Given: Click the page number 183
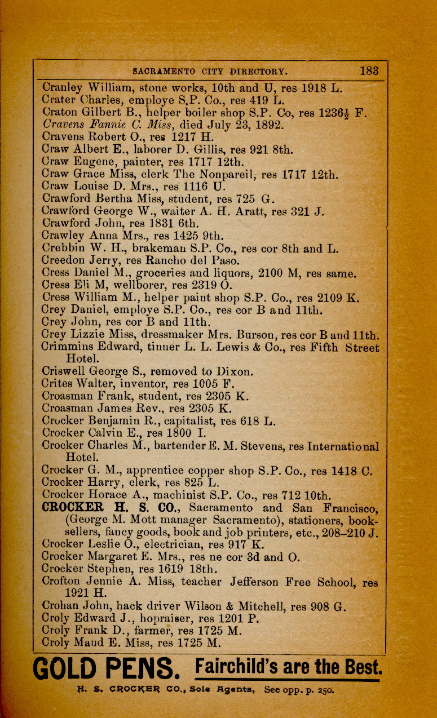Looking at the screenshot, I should coord(369,71).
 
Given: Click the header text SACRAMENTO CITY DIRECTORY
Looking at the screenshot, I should coord(210,72).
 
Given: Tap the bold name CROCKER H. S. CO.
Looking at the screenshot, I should coord(110,508).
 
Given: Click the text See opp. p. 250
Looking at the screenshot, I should coord(298,690).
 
